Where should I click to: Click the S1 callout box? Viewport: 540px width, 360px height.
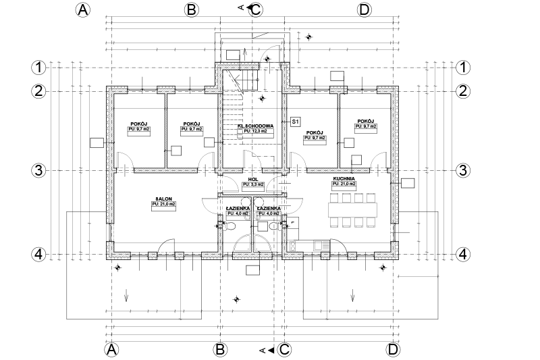coord(294,122)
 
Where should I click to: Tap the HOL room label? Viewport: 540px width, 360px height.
coord(253,179)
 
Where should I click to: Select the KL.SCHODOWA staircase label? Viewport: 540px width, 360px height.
coord(254,126)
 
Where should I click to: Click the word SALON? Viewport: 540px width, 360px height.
coord(162,199)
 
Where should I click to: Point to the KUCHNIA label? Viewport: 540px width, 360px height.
coord(344,178)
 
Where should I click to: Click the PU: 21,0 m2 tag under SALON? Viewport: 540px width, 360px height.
coord(163,204)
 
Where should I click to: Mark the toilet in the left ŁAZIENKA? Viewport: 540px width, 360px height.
coord(230,228)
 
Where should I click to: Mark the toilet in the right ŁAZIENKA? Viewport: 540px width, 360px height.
coord(273,228)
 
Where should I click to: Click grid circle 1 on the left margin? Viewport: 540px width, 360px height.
coord(38,68)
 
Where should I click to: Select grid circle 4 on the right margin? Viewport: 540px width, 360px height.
coord(463,254)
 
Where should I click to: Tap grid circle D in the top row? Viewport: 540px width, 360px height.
coord(364,9)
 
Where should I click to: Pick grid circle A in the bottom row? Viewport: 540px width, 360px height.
coord(112,349)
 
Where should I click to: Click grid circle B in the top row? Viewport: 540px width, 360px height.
coord(191,9)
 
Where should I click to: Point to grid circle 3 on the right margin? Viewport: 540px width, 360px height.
coord(463,170)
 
